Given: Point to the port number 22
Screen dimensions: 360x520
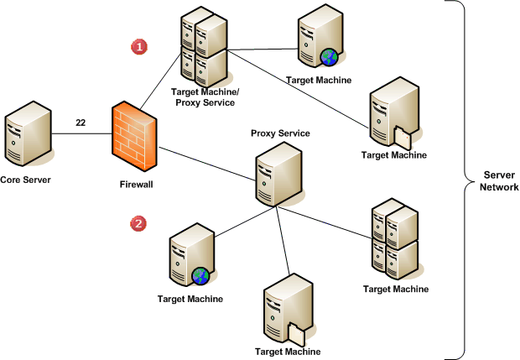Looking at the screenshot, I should tap(81, 123).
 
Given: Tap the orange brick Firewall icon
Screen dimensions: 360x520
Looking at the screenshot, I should tap(133, 133).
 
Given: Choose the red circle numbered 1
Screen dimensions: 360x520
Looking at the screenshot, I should tap(138, 46).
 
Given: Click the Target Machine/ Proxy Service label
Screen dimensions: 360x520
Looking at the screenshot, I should tap(203, 96).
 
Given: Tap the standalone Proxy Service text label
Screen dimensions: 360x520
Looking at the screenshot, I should tap(281, 133).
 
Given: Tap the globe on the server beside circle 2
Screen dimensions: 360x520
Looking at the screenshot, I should tap(200, 275).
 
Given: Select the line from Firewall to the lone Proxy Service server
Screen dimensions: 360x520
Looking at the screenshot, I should tap(206, 164).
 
